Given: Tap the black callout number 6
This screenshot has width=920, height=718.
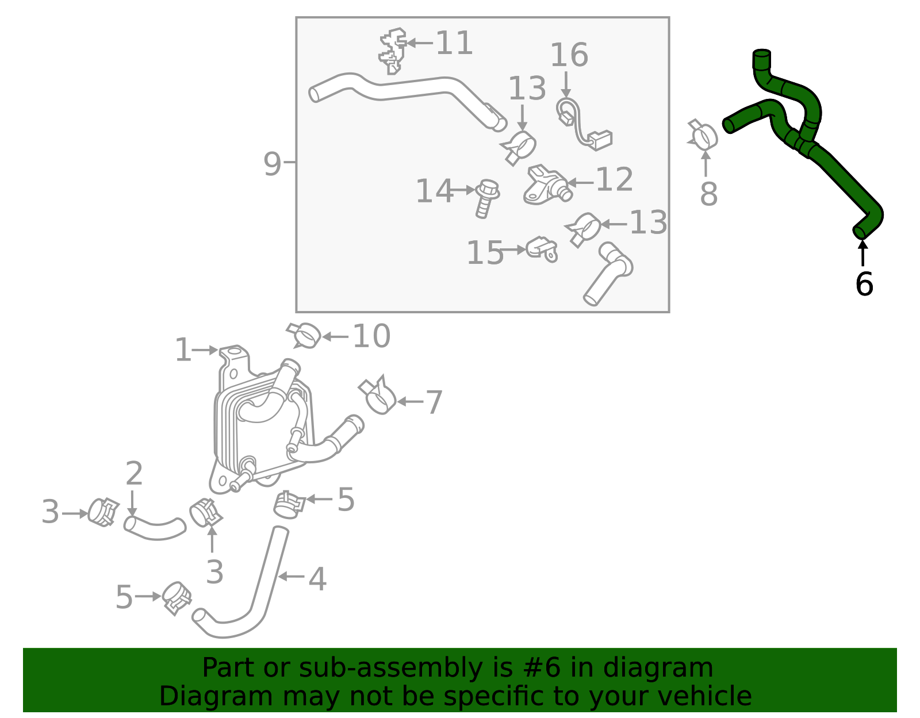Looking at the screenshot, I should [x=864, y=284].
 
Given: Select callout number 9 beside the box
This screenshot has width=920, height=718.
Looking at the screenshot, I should [x=272, y=164].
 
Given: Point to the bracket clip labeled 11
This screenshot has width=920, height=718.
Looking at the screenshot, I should [x=393, y=51].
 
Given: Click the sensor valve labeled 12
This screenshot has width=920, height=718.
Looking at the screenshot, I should [x=546, y=185].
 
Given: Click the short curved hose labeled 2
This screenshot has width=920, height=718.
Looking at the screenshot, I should [x=154, y=528].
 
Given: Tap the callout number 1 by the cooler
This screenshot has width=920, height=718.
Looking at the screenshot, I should [x=183, y=350].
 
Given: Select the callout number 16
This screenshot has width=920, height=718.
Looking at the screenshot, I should [x=569, y=55].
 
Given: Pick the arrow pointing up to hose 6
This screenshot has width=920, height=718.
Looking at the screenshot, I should [x=862, y=253].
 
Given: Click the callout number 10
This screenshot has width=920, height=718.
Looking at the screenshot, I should [x=371, y=336].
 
